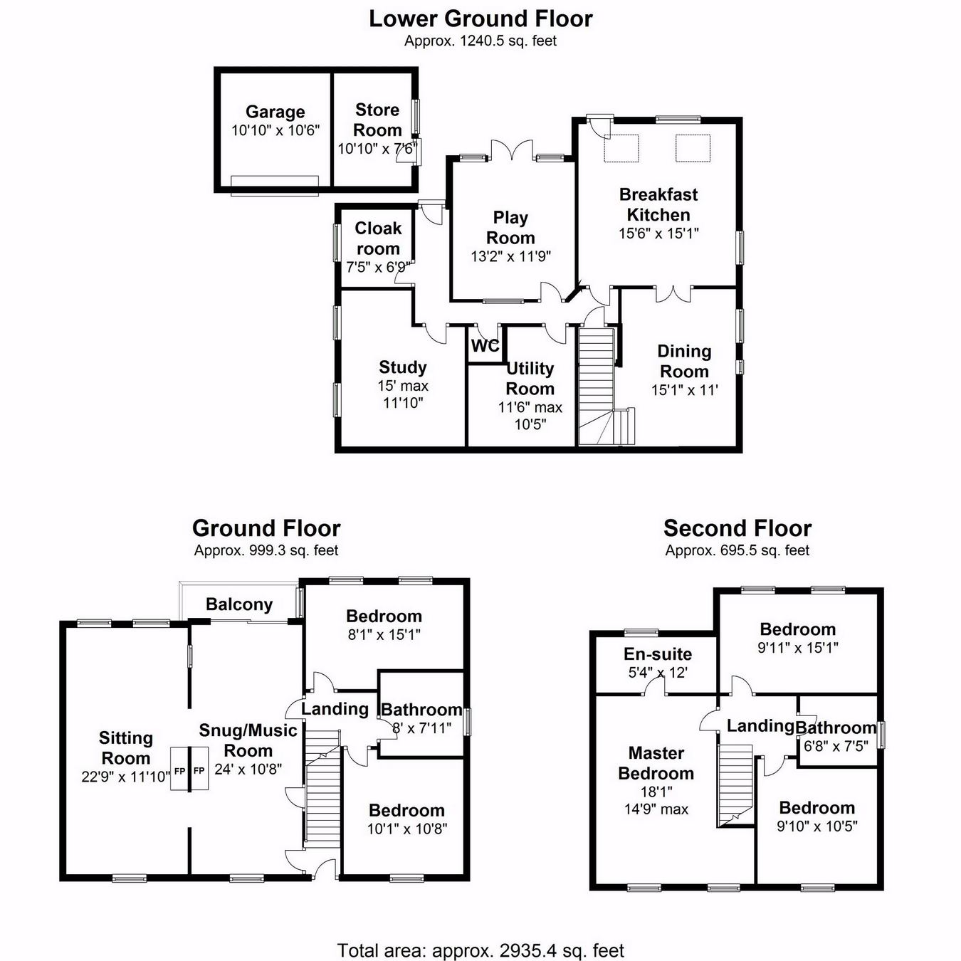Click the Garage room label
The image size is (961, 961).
(275, 112)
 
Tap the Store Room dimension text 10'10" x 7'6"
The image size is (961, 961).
(377, 149)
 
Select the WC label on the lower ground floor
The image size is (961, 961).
(485, 347)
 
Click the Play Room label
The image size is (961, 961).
(510, 227)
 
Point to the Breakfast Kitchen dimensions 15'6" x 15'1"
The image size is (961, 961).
(658, 233)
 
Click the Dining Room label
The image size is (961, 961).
(683, 361)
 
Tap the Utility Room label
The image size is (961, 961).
(530, 379)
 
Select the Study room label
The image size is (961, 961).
(402, 367)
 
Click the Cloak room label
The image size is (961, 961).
(377, 238)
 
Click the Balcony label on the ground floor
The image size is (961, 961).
(239, 604)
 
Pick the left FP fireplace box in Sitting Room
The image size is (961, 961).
(179, 770)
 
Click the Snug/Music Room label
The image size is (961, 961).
(248, 740)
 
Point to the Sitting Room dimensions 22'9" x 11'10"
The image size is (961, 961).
(125, 777)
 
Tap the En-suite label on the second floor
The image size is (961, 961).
(658, 654)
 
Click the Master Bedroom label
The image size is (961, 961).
(656, 763)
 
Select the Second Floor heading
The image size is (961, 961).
(737, 528)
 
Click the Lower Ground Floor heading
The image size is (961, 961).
(480, 19)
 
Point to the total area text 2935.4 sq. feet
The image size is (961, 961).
(480, 950)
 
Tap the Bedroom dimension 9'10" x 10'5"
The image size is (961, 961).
(816, 826)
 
